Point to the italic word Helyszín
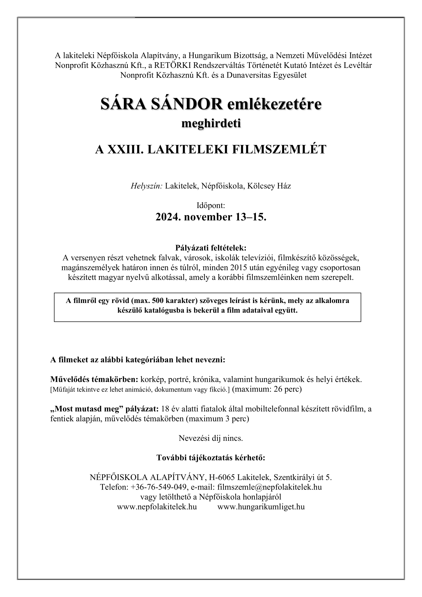pos(146,186)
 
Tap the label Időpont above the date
pos(211,206)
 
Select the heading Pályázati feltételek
pos(211,248)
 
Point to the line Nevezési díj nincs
pos(211,438)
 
